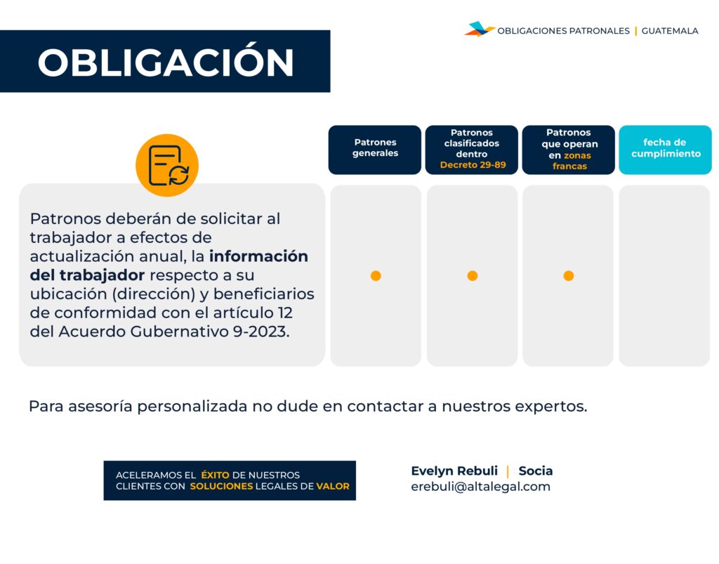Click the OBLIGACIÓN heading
click(x=166, y=63)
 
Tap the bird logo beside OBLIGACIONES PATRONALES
click(x=479, y=29)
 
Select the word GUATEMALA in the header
click(x=669, y=31)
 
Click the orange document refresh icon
click(x=167, y=165)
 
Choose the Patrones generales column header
click(x=375, y=150)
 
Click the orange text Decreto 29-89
click(x=473, y=165)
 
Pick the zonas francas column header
click(x=568, y=150)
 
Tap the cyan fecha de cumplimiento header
click(x=665, y=150)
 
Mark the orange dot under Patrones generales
click(x=376, y=275)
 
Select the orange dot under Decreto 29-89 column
click(x=473, y=275)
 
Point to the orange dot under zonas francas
click(x=569, y=275)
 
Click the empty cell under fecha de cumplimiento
click(x=664, y=275)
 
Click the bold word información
click(x=258, y=256)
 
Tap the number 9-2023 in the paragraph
click(x=260, y=332)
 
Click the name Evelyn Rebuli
click(x=454, y=471)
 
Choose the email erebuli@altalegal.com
click(x=480, y=487)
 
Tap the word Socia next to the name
click(x=536, y=471)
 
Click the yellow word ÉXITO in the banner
click(x=215, y=475)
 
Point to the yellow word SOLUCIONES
click(x=221, y=486)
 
